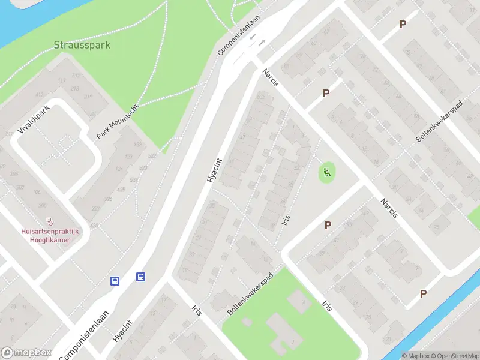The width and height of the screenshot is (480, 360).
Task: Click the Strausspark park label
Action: point(82,45)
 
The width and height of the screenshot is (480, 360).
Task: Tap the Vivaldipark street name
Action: point(33,120)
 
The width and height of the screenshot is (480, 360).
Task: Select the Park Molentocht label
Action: point(117,121)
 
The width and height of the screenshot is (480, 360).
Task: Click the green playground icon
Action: point(327,174)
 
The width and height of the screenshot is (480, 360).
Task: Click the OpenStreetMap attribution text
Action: point(454,356)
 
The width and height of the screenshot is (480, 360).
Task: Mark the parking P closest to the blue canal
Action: point(424,293)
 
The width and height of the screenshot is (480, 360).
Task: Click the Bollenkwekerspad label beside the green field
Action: point(250,295)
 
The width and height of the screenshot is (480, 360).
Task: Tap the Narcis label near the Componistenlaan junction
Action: point(270,78)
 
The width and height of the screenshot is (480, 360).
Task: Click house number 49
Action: point(366,212)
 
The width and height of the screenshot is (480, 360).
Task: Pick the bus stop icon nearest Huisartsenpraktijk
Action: point(115,280)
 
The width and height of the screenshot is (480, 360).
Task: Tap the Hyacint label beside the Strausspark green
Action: point(214,170)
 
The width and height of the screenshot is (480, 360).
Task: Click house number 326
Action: point(108,199)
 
